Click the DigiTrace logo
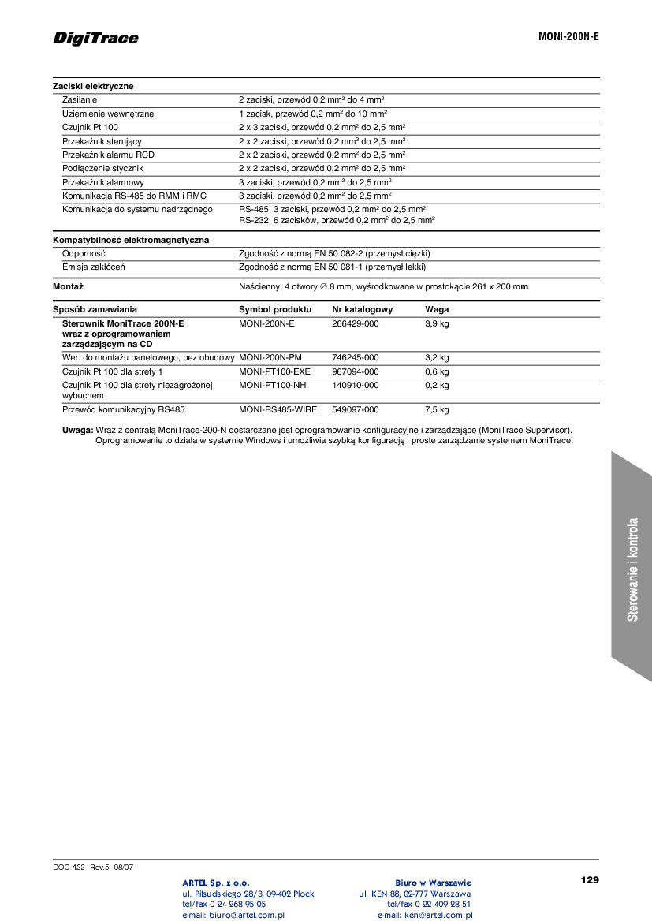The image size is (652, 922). (x=95, y=38)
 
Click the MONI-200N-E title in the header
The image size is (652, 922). (x=568, y=37)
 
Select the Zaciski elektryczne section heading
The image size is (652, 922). (x=93, y=86)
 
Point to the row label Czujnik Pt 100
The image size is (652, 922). (x=90, y=127)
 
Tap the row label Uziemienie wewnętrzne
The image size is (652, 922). (x=108, y=114)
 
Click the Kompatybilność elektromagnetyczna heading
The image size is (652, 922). (x=131, y=240)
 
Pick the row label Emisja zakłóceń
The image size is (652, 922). (x=93, y=267)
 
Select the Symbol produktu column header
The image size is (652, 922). (x=275, y=309)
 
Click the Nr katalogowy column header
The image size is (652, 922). (x=362, y=309)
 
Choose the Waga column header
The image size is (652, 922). (x=437, y=309)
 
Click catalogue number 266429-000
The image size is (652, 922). (x=355, y=323)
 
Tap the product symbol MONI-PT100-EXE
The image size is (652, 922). (x=274, y=371)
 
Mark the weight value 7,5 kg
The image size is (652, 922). (x=437, y=410)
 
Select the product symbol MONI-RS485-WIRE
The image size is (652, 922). (x=278, y=410)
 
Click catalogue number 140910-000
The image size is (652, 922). (x=355, y=385)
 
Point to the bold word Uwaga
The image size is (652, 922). (x=77, y=430)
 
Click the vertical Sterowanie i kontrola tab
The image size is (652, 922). (x=632, y=568)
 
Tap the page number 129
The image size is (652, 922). (x=590, y=879)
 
